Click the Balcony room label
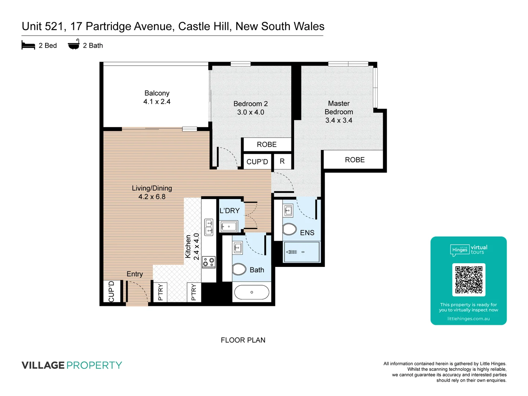[157, 93]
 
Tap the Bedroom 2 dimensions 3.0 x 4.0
[250, 112]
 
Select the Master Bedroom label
[339, 108]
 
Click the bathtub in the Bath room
[252, 292]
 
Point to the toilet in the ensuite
[289, 230]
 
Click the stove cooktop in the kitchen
[209, 262]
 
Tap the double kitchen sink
[209, 227]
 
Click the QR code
[469, 279]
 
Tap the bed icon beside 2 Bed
[28, 45]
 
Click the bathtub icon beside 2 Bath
[74, 45]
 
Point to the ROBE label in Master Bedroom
[355, 160]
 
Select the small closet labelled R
[282, 161]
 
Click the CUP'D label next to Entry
[111, 291]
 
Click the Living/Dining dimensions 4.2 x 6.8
[152, 197]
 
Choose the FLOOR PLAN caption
[243, 340]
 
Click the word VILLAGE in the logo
[43, 365]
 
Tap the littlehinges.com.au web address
[468, 319]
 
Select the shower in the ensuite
[301, 252]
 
